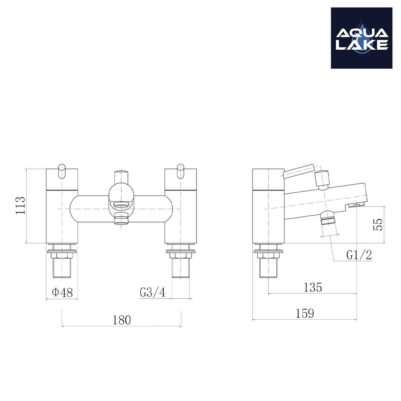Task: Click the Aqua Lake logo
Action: coord(361,38)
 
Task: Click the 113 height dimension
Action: coord(20,205)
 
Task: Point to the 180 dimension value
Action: coord(122,320)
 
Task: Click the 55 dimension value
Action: coord(378,224)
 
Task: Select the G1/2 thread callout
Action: coord(359,255)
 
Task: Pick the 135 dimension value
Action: coord(313,287)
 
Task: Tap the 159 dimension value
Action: coord(304,314)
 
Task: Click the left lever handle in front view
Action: coord(62,171)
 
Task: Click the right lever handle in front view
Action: coord(180,171)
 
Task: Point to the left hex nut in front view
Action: coord(62,255)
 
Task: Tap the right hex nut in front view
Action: coord(180,255)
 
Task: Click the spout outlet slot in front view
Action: coord(121,204)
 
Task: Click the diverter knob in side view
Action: coord(322,179)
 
